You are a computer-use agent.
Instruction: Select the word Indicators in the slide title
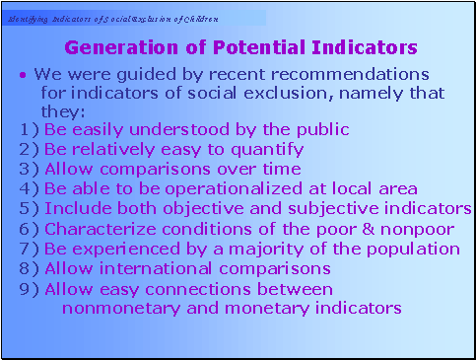tap(361, 47)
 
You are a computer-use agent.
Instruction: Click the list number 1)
tap(29, 129)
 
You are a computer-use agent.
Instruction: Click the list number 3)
tap(29, 169)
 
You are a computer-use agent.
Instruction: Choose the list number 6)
tap(29, 229)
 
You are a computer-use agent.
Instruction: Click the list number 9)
tap(29, 289)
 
